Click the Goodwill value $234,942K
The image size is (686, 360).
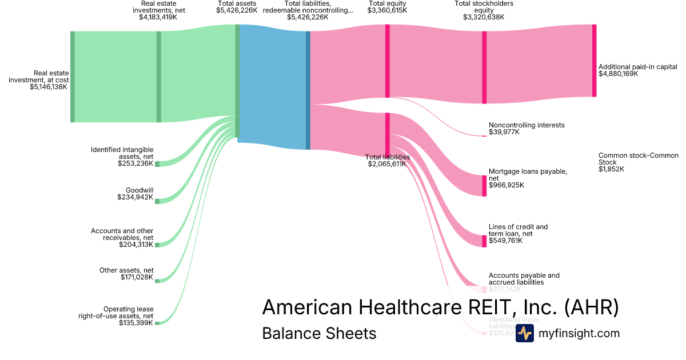coord(135,198)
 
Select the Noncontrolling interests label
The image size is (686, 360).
coord(527,125)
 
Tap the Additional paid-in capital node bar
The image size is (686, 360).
coord(594,61)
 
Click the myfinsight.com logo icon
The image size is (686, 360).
coord(524,333)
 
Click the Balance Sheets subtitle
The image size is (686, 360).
coord(319,333)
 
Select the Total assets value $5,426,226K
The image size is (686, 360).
coord(237,10)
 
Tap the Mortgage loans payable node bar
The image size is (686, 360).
coord(484,186)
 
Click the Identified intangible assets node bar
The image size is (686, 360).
coord(157,164)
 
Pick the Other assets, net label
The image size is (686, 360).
coord(126,270)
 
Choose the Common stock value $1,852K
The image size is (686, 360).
coord(611,169)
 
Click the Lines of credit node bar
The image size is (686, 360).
coord(484,241)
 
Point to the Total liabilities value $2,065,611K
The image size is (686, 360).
coord(387,164)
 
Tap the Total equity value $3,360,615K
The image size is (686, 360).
coord(388,10)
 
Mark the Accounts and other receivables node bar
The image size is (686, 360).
coord(157,245)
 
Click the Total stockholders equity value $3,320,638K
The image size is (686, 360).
coord(484,17)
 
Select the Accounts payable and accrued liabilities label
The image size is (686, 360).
coord(524,279)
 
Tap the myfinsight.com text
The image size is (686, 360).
coord(579,333)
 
